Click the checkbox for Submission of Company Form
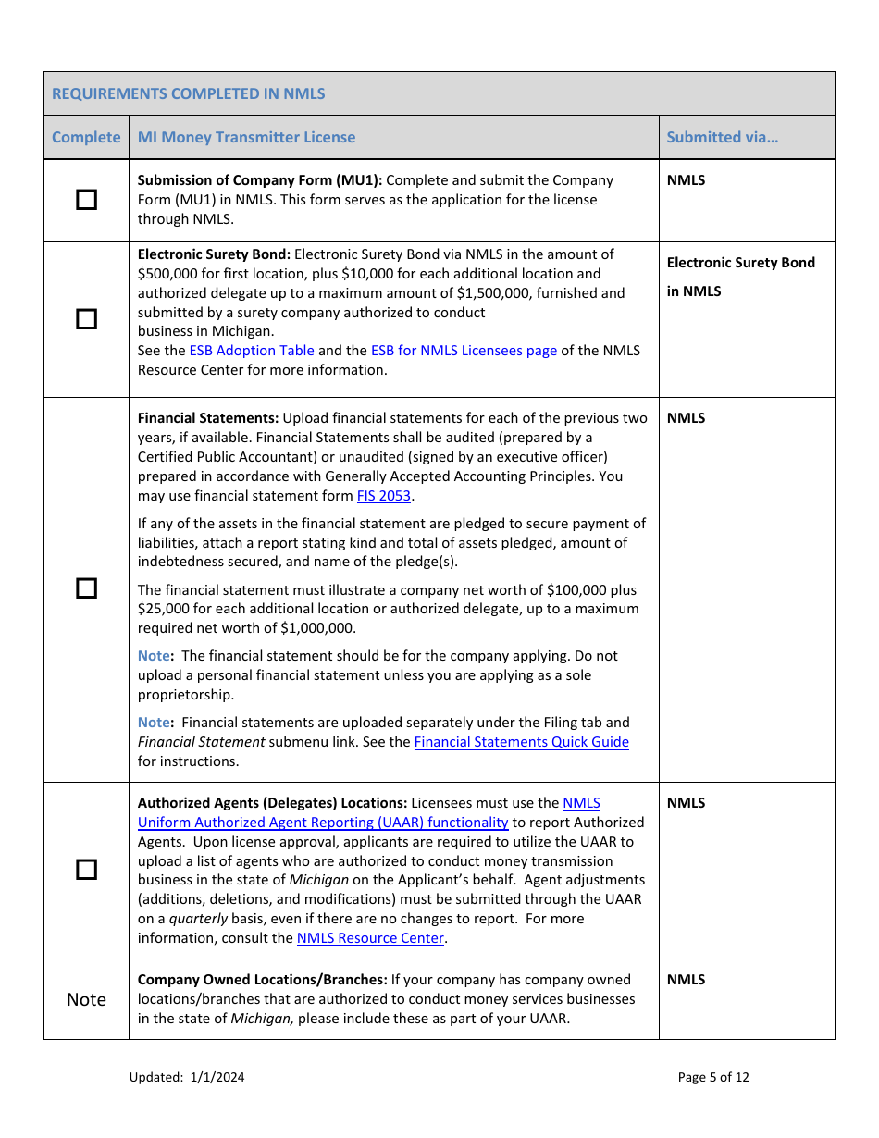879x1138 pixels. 86,200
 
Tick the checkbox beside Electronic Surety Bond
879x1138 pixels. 86,319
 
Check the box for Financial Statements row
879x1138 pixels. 86,588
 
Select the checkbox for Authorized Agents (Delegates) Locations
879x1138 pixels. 86,870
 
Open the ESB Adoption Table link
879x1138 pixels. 252,351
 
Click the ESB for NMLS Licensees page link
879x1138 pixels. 464,351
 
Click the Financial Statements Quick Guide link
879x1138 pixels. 521,742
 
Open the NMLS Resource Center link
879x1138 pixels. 370,938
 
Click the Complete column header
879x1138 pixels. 86,137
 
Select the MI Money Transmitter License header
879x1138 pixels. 246,137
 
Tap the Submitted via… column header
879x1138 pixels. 723,137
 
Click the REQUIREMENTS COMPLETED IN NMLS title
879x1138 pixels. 189,93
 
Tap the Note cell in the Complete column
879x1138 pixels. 86,999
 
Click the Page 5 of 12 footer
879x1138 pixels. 713,1077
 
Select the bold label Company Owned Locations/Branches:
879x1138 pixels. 262,980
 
